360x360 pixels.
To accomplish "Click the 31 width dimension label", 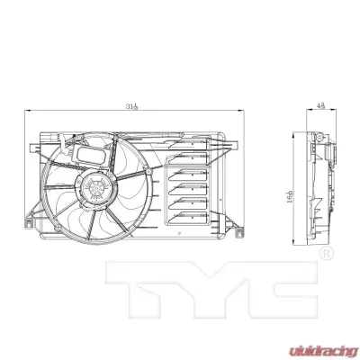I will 131,107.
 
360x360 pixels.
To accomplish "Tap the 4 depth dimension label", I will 321,106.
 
